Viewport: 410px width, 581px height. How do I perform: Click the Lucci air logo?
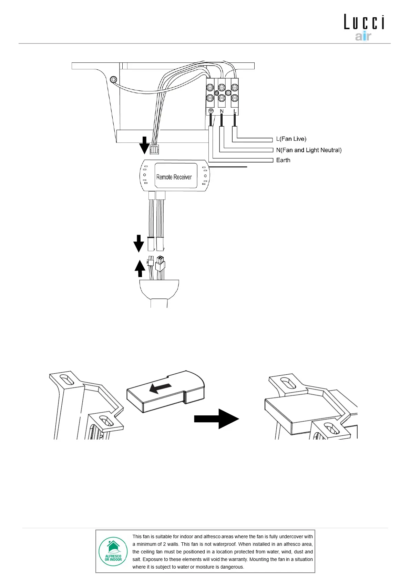point(364,27)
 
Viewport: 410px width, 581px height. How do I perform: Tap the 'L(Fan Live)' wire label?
point(291,139)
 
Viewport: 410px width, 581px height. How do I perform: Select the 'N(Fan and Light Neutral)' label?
point(309,150)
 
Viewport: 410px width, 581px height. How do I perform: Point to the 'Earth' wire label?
point(283,160)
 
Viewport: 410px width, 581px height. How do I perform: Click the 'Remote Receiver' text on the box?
point(174,177)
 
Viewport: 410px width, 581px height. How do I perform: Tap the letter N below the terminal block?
point(222,111)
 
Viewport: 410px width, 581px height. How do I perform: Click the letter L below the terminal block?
point(235,111)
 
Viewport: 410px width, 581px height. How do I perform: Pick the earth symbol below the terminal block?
point(211,111)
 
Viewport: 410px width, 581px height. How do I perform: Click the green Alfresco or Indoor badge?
point(113,551)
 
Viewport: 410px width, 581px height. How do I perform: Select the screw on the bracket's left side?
point(113,80)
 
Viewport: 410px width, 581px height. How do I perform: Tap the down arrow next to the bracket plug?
point(144,145)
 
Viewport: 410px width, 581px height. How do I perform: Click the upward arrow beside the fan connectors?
point(140,268)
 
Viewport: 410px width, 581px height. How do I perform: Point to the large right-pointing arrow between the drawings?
point(216,419)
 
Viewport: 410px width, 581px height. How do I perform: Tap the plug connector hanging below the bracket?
point(154,149)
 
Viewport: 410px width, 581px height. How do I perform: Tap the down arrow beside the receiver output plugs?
point(139,243)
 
